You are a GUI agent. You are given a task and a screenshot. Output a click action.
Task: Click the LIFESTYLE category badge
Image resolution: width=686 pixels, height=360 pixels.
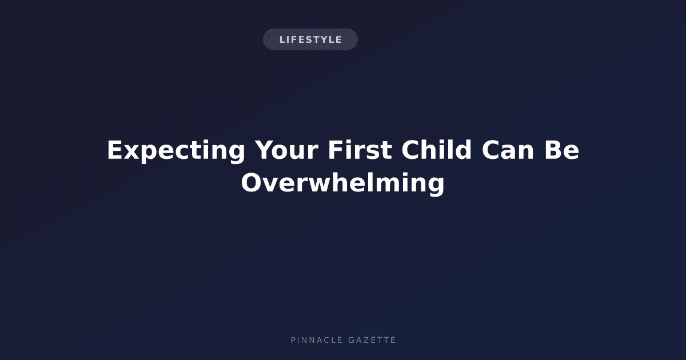click(310, 39)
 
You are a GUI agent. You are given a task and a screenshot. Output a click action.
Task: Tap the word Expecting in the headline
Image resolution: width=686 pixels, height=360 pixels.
click(176, 151)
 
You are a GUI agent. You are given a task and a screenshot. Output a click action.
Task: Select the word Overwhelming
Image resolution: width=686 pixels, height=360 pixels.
click(342, 183)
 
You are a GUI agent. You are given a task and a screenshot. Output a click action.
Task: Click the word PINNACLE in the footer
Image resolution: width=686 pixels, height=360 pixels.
click(317, 340)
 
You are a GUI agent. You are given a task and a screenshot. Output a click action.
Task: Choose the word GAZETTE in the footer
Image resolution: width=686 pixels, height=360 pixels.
click(372, 340)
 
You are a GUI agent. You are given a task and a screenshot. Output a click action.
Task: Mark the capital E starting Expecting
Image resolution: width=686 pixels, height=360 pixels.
click(115, 150)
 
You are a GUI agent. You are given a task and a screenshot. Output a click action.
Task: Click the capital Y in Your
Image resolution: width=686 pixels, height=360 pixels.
click(265, 150)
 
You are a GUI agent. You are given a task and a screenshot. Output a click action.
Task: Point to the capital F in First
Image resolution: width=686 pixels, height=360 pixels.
click(336, 150)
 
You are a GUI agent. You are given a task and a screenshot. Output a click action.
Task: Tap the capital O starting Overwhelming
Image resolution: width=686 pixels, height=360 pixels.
click(252, 183)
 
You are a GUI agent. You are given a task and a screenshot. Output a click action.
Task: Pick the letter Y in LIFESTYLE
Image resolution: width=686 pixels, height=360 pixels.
click(324, 39)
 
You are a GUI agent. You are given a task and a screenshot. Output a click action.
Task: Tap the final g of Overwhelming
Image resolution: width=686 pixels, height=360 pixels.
click(436, 186)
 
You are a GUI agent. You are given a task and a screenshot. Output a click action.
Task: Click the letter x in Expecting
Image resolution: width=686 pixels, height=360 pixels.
click(131, 152)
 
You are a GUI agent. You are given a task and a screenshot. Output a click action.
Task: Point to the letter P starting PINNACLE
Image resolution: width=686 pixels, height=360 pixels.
click(293, 340)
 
